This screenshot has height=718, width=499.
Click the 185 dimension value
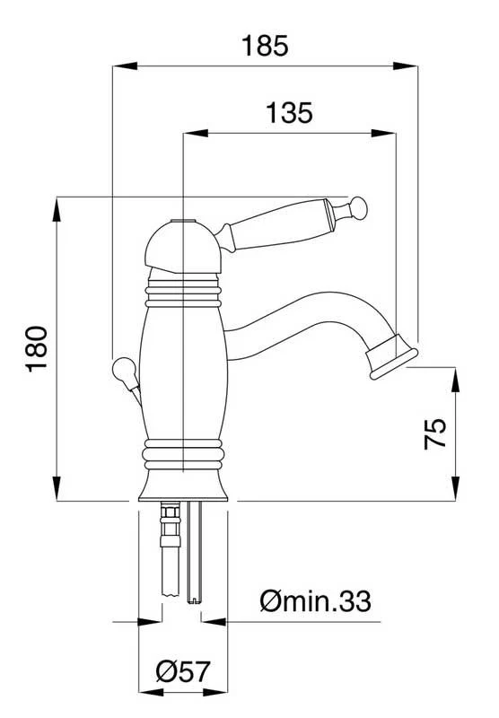265,46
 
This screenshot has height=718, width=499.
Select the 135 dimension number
289,113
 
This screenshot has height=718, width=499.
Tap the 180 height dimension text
37,349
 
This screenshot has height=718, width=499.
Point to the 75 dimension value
435,433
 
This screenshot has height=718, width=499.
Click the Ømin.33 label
315,600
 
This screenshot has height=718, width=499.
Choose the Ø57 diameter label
183,671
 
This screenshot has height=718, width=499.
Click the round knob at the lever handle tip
359,208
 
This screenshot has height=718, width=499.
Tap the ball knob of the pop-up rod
124,371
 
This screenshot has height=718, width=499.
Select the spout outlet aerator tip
394,357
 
